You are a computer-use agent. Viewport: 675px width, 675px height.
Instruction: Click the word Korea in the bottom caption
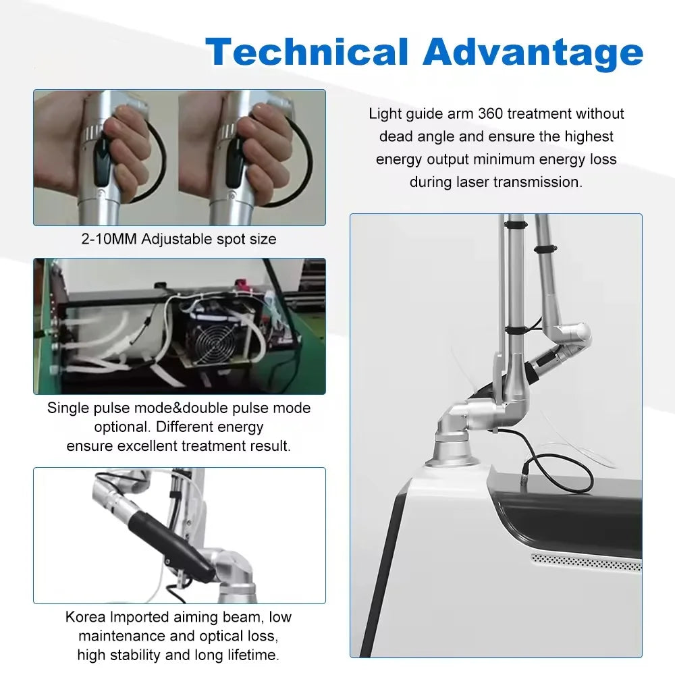[x=84, y=617]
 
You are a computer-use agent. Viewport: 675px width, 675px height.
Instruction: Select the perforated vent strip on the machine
[x=586, y=562]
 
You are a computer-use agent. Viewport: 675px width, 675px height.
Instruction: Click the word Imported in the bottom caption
[x=142, y=617]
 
